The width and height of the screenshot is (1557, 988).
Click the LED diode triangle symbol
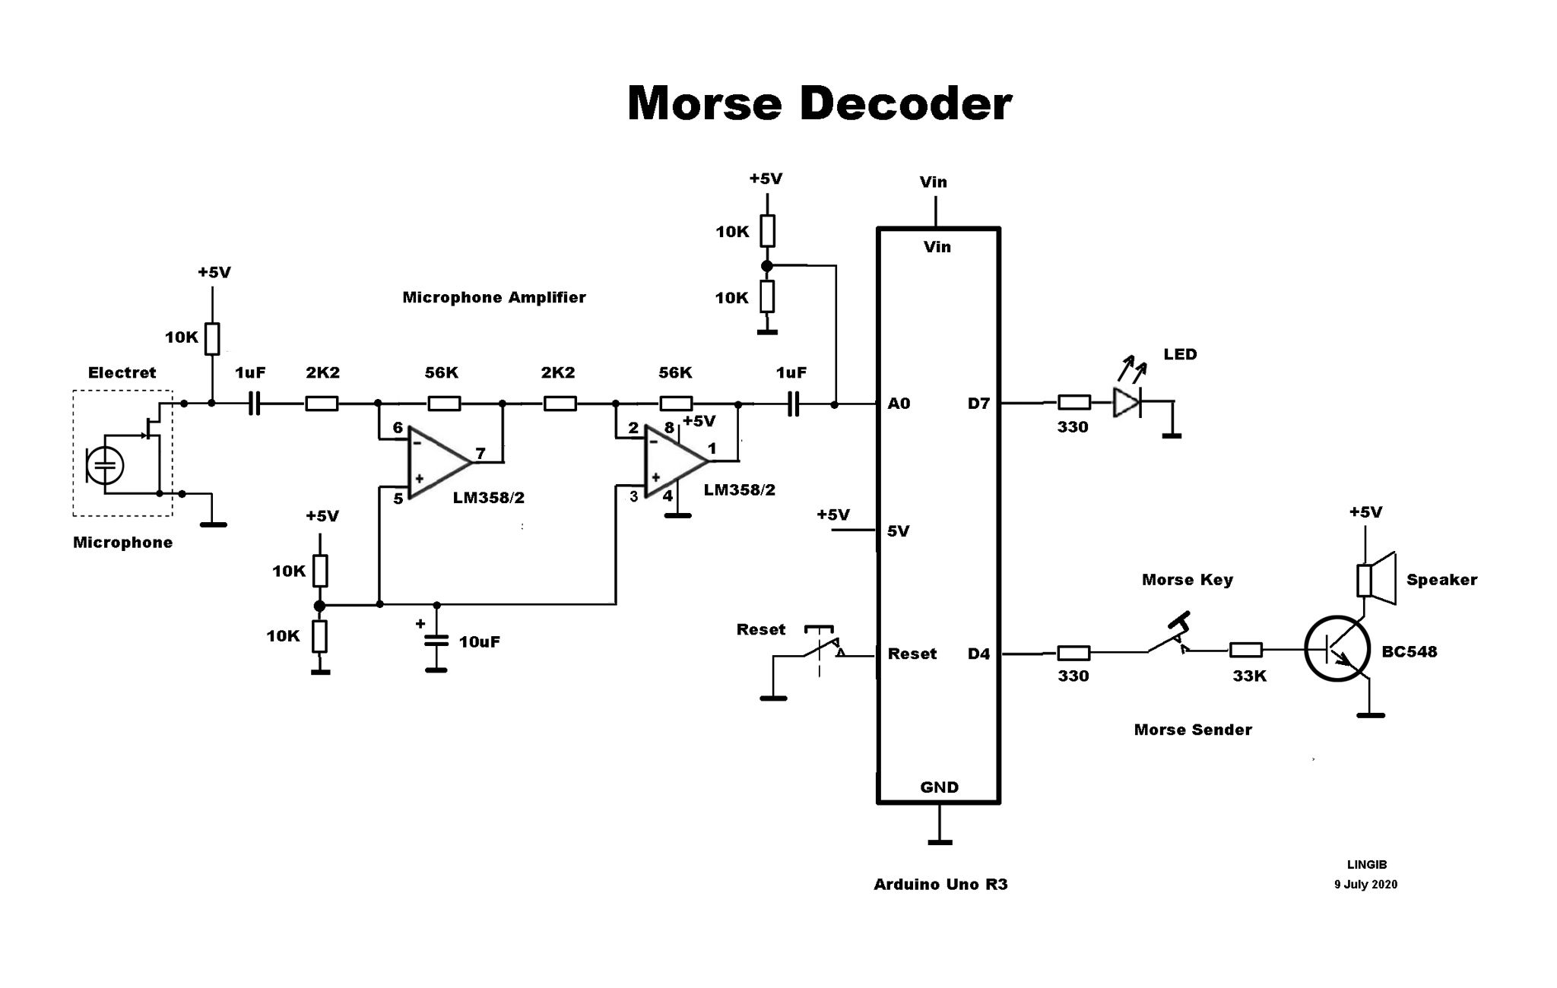1127,403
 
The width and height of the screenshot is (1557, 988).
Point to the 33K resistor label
1249,676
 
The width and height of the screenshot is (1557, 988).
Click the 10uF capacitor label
479,641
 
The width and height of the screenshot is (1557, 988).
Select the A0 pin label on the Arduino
899,404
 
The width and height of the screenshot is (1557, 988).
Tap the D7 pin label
978,404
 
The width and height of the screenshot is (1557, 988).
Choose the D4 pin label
978,654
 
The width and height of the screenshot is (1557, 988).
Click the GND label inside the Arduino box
939,787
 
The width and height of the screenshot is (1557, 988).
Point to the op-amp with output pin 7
436,462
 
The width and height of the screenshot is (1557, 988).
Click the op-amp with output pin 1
673,461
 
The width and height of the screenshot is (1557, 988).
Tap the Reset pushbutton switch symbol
820,646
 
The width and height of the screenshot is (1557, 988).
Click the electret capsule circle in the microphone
105,464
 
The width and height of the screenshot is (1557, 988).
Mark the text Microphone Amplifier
493,297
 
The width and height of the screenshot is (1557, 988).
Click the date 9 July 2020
1365,885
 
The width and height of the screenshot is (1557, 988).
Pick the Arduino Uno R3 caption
940,885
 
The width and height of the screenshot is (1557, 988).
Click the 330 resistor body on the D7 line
1073,403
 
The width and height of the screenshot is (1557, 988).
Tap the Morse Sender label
1192,730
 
